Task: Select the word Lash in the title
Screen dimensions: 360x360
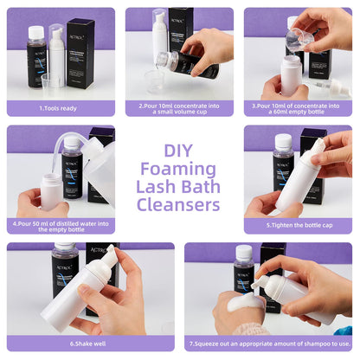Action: (158, 186)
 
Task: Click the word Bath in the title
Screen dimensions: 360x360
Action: (200, 186)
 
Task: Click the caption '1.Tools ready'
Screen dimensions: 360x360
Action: (61, 108)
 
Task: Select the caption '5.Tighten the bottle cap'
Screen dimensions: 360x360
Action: (296, 226)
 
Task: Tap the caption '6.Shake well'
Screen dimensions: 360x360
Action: (89, 344)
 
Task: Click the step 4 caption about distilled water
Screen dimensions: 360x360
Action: (61, 226)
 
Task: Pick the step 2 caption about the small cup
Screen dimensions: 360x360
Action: (179, 108)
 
